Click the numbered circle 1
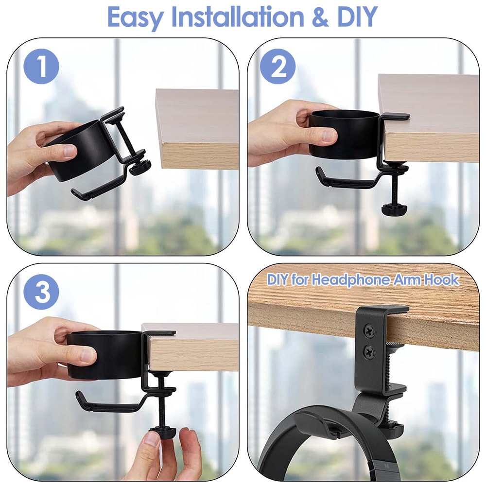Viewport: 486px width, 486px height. pyautogui.click(x=41, y=66)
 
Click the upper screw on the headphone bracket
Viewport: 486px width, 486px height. pyautogui.click(x=369, y=331)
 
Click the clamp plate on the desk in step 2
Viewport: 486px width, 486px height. pyautogui.click(x=395, y=116)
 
